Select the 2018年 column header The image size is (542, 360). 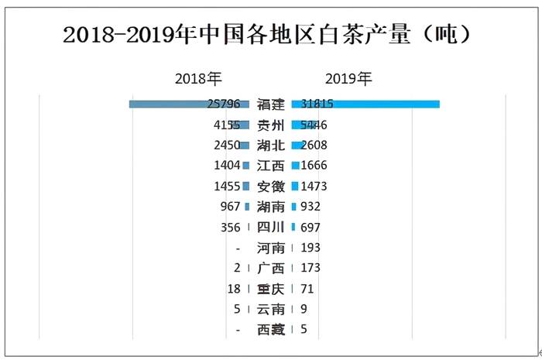198,79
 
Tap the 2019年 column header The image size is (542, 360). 348,79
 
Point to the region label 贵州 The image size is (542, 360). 271,125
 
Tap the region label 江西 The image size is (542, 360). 271,166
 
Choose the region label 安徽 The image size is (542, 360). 271,186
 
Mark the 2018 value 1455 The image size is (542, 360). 228,186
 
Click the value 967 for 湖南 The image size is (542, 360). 231,207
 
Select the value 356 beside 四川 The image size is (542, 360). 231,228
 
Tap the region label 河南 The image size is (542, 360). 271,248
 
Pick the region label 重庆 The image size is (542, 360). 271,289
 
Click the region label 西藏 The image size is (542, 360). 271,330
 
